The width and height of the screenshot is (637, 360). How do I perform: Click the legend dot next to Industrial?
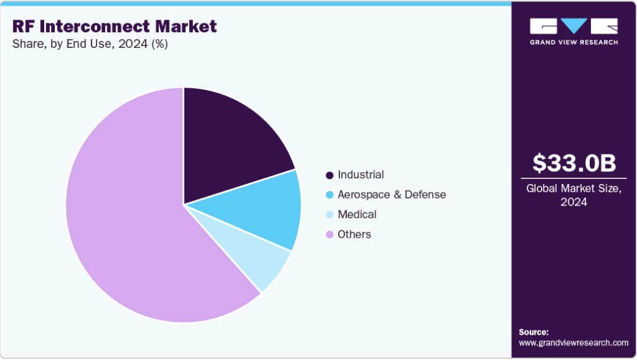point(329,175)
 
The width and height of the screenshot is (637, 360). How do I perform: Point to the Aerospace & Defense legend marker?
point(329,195)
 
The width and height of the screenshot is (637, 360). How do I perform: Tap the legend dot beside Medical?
point(329,215)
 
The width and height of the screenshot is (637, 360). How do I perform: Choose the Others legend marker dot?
point(329,235)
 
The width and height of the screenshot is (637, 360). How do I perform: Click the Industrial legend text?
point(361,175)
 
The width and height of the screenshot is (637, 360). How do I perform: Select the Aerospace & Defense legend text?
point(392,195)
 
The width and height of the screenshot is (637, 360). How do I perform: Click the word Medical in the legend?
point(357,214)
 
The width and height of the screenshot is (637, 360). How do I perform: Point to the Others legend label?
point(354,235)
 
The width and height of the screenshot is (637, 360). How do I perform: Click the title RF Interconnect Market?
point(114,26)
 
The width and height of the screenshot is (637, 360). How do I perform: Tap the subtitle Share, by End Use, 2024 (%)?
point(90,44)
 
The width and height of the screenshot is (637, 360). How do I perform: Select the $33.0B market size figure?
point(573,163)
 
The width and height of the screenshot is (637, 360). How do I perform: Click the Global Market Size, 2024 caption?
point(573,195)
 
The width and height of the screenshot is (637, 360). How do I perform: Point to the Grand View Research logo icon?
point(573,26)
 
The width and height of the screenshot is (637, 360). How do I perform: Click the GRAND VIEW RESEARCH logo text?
point(573,42)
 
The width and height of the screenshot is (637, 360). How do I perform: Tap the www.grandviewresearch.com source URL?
point(573,343)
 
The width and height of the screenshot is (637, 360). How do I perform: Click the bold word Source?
point(534,332)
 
